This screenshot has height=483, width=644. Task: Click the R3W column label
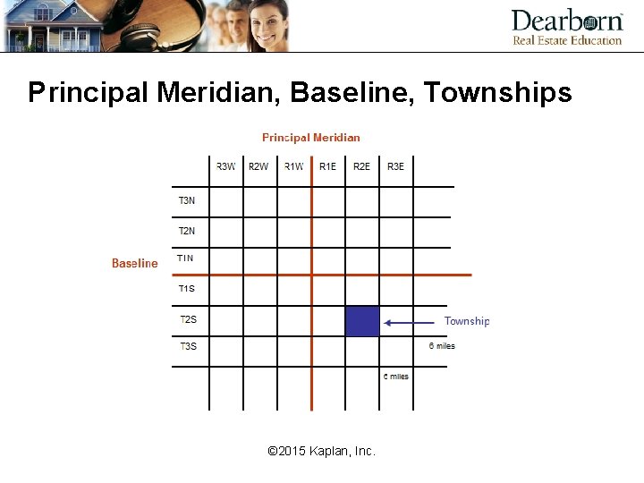226,165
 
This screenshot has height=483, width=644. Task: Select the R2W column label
258,165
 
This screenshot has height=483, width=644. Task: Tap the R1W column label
294,165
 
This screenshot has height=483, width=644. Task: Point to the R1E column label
328,165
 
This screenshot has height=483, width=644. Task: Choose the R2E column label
361,165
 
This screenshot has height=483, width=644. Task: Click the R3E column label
395,165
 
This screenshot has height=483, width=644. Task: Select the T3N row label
186,200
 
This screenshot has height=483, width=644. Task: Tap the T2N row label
186,231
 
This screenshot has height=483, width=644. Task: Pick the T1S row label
186,288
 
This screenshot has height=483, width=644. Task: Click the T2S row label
188,319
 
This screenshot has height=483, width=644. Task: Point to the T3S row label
188,346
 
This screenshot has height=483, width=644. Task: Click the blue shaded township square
362,321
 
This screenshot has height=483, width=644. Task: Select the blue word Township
467,321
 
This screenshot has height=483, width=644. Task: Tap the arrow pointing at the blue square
411,322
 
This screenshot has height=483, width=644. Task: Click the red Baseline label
134,263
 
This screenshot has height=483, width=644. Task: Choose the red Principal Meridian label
310,138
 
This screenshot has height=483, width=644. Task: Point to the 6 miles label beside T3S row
442,346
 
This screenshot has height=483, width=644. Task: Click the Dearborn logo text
567,21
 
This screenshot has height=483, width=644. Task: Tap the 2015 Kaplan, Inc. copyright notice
322,451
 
